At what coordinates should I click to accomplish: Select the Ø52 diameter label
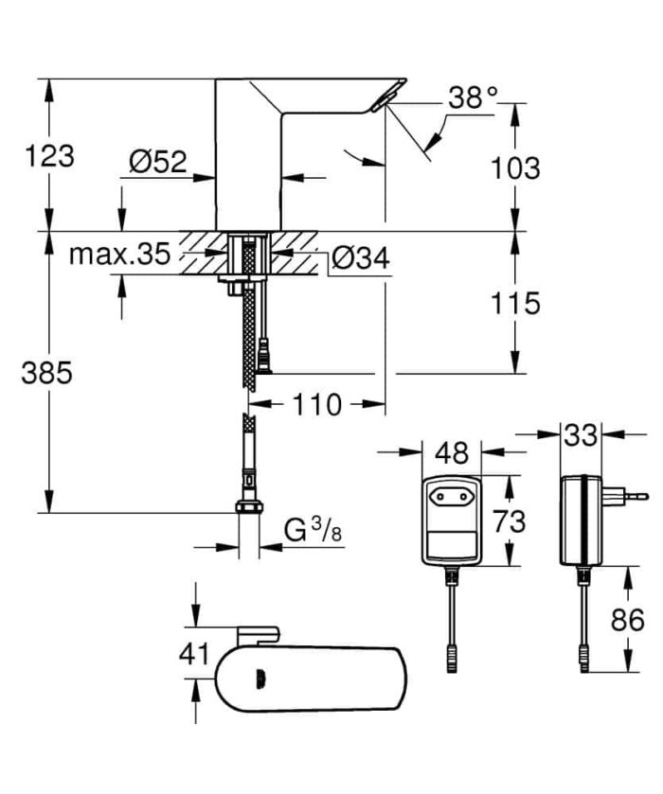pyautogui.click(x=156, y=163)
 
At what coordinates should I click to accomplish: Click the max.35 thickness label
pyautogui.click(x=119, y=254)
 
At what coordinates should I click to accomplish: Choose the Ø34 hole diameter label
pyautogui.click(x=359, y=257)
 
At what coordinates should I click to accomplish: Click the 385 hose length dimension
pyautogui.click(x=47, y=373)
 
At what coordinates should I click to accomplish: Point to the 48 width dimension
pyautogui.click(x=452, y=453)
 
